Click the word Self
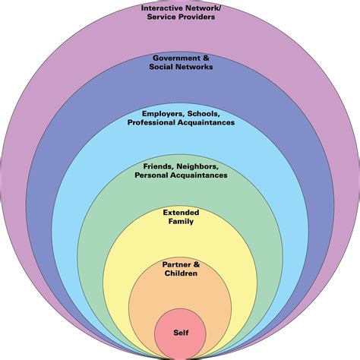tap(180, 333)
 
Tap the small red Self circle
tap(180, 340)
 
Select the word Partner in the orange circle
tap(175, 264)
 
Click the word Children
tap(181, 273)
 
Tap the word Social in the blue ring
tap(161, 67)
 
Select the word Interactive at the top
tap(163, 8)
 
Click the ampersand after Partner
tap(196, 264)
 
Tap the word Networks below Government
tap(194, 67)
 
